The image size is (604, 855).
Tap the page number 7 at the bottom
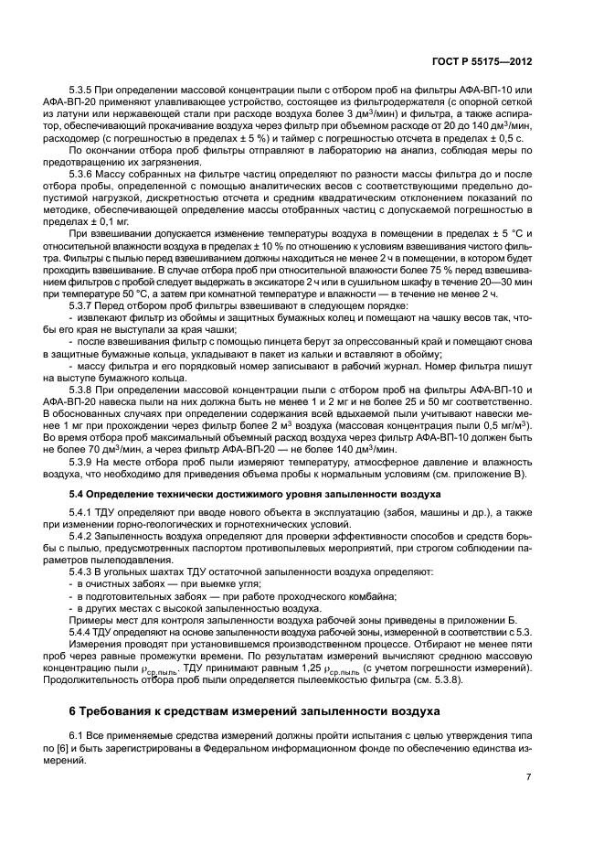pyautogui.click(x=529, y=776)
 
